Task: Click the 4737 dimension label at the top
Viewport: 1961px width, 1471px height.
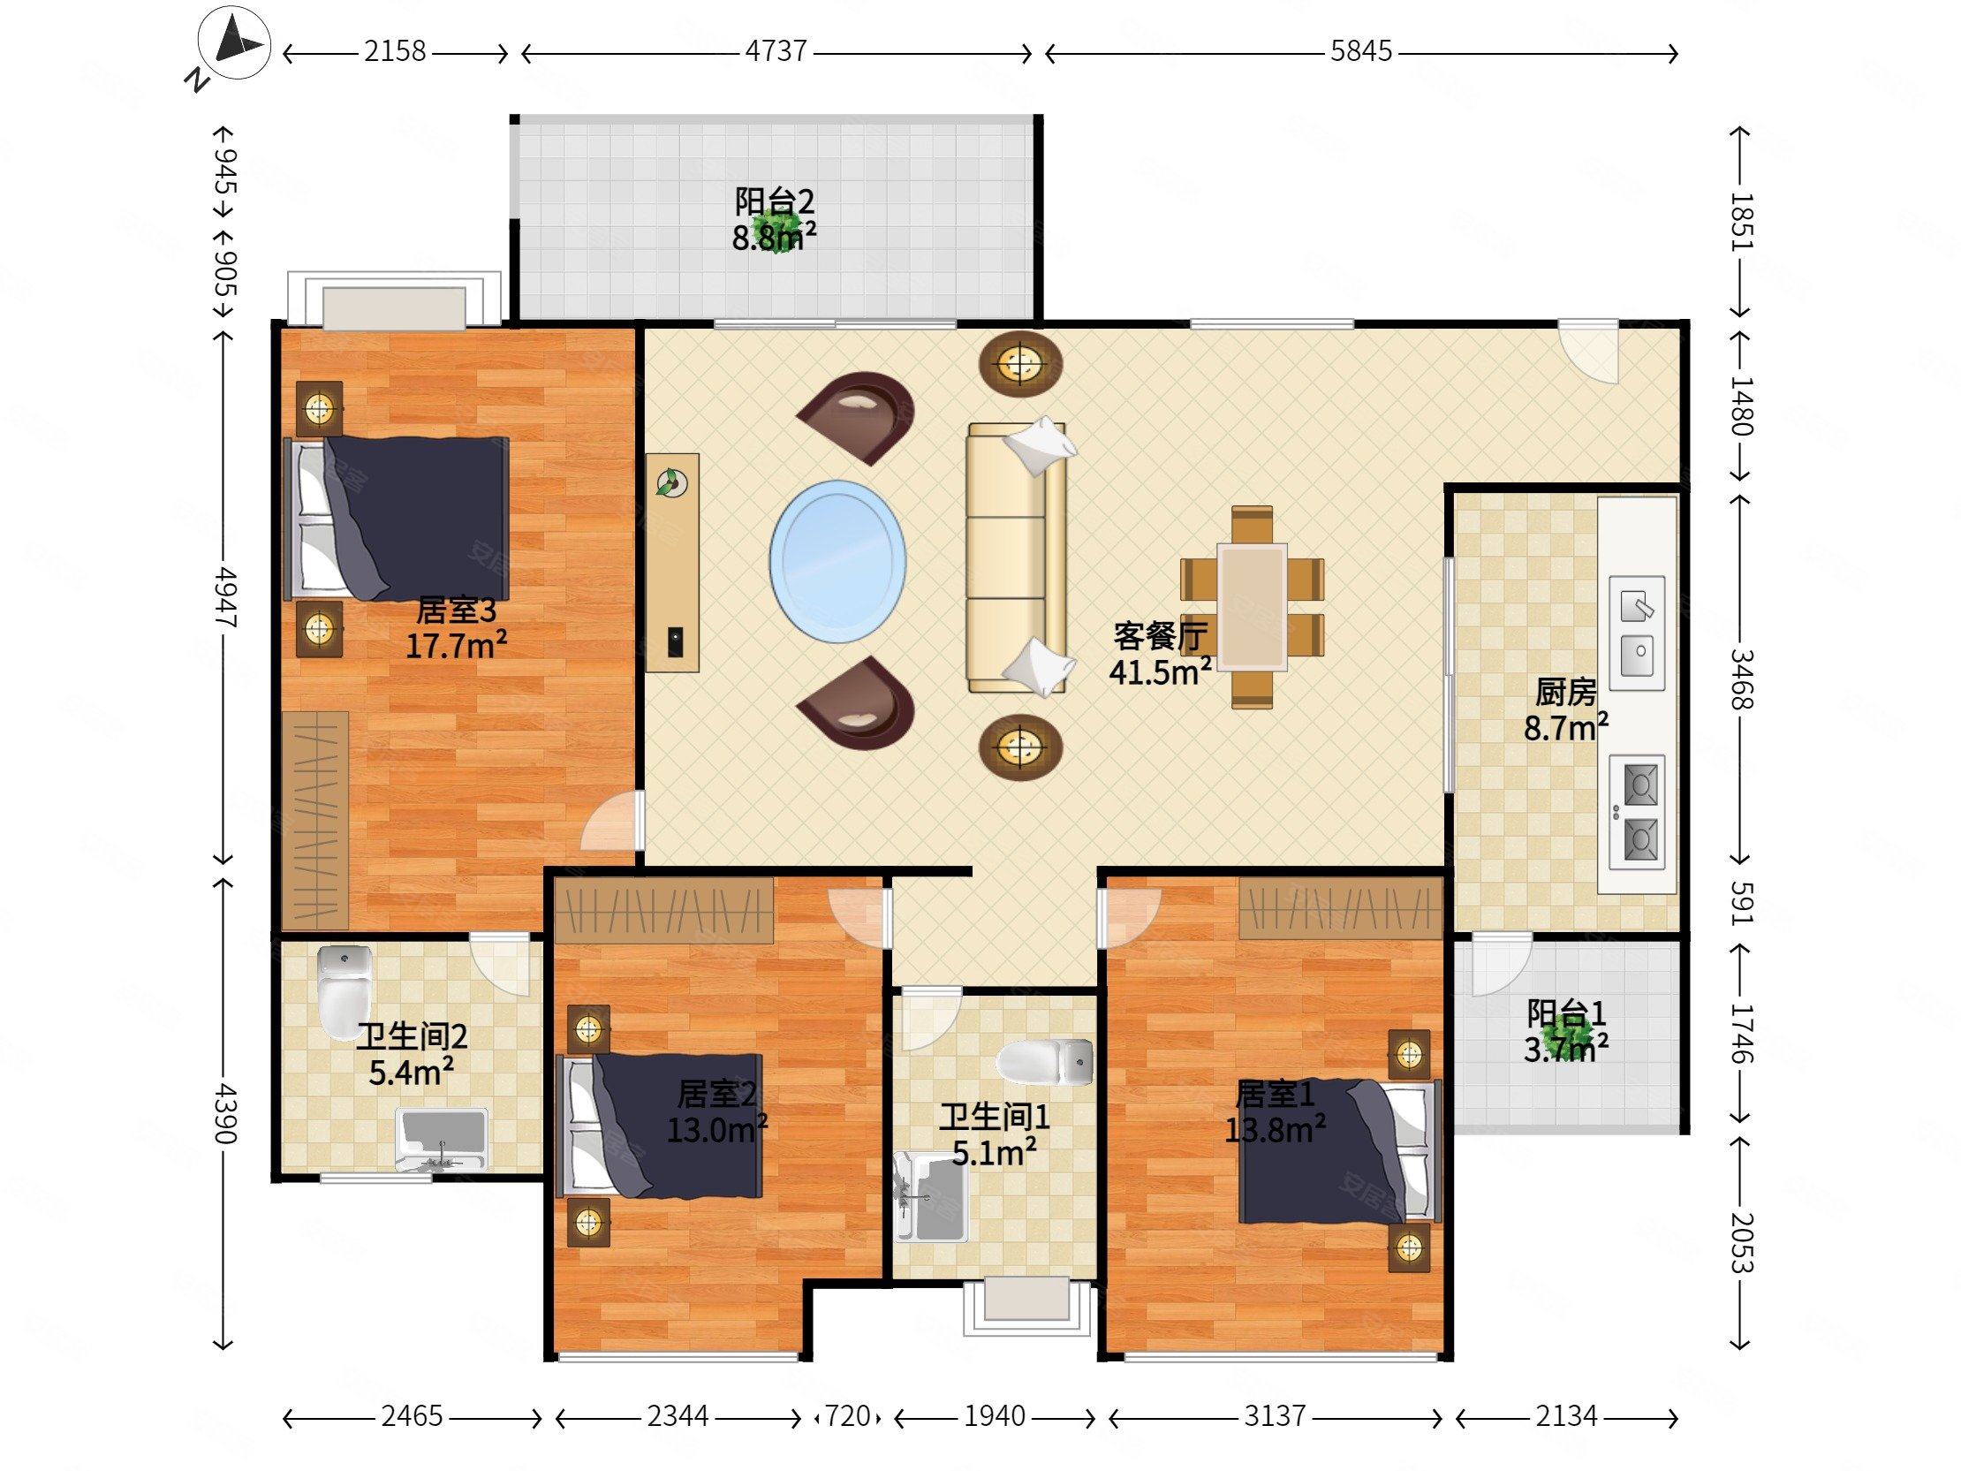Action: (x=776, y=51)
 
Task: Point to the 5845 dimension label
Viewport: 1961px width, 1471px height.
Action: (x=1361, y=51)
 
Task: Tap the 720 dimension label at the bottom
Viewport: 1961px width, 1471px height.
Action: (x=848, y=1416)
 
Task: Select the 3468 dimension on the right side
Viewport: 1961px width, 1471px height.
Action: (x=1741, y=679)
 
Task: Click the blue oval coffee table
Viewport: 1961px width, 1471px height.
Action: (x=837, y=562)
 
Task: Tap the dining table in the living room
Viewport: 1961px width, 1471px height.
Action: (x=1252, y=606)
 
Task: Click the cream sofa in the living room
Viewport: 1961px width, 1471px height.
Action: (x=1016, y=557)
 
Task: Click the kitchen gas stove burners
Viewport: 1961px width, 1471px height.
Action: (x=1637, y=811)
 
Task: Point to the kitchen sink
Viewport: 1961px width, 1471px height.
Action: (x=1637, y=633)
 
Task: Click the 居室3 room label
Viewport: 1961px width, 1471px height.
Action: (x=457, y=610)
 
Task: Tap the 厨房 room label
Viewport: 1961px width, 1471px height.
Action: (x=1565, y=693)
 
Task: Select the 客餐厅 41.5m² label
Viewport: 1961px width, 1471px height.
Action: (x=1161, y=654)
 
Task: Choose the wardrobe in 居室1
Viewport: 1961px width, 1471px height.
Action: (x=1340, y=908)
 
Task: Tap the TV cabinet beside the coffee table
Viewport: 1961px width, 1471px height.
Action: (x=672, y=562)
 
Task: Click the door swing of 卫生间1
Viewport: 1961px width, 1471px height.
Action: (x=928, y=1018)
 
